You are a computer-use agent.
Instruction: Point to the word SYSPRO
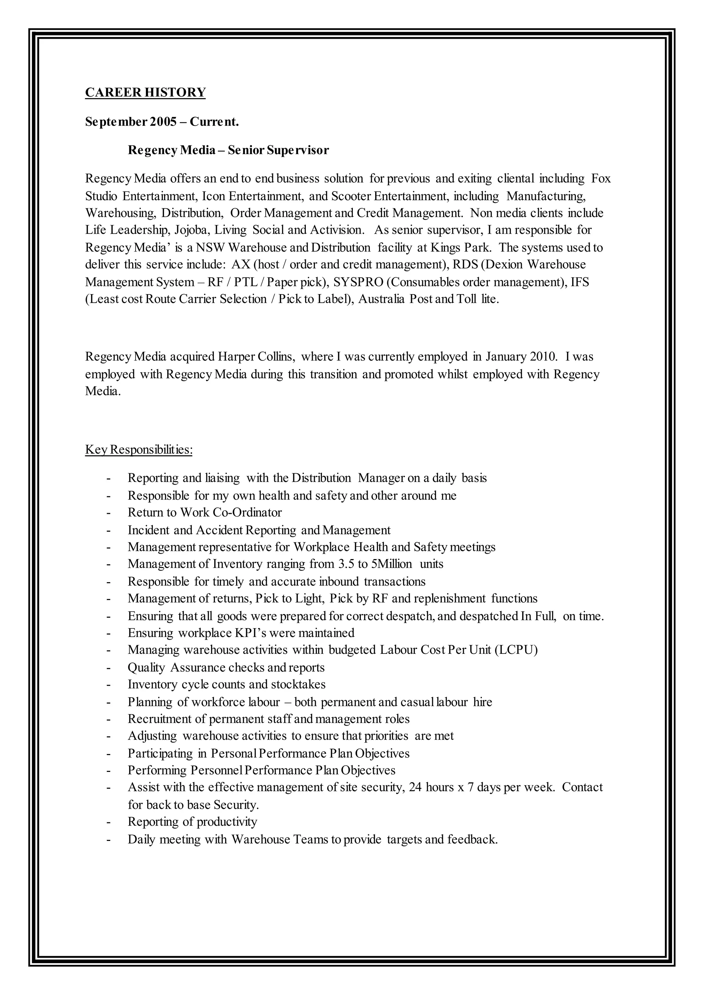tap(358, 282)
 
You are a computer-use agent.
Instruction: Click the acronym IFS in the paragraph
tap(580, 282)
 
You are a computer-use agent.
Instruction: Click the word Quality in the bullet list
tap(146, 668)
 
